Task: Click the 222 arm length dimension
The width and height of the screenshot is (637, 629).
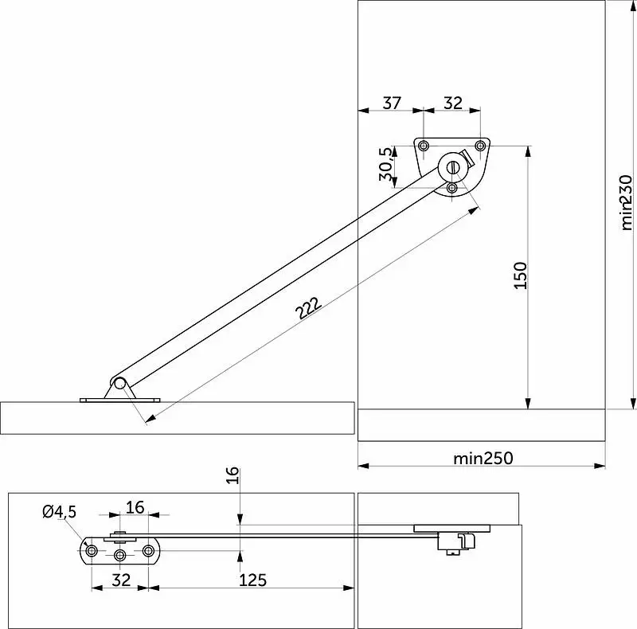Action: click(x=308, y=308)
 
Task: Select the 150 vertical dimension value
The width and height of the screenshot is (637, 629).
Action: click(x=521, y=275)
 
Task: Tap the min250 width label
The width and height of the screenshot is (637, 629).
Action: click(x=483, y=459)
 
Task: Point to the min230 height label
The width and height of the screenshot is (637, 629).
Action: click(x=627, y=202)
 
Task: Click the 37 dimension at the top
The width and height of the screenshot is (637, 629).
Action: click(x=392, y=103)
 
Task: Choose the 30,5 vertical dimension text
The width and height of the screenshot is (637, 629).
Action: click(x=386, y=164)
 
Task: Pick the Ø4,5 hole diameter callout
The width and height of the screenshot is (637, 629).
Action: click(x=59, y=512)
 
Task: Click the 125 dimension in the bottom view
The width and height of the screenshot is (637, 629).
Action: click(x=252, y=580)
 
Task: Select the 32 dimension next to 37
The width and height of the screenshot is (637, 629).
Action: click(x=453, y=103)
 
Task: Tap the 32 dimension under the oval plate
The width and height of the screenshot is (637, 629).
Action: click(x=121, y=580)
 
